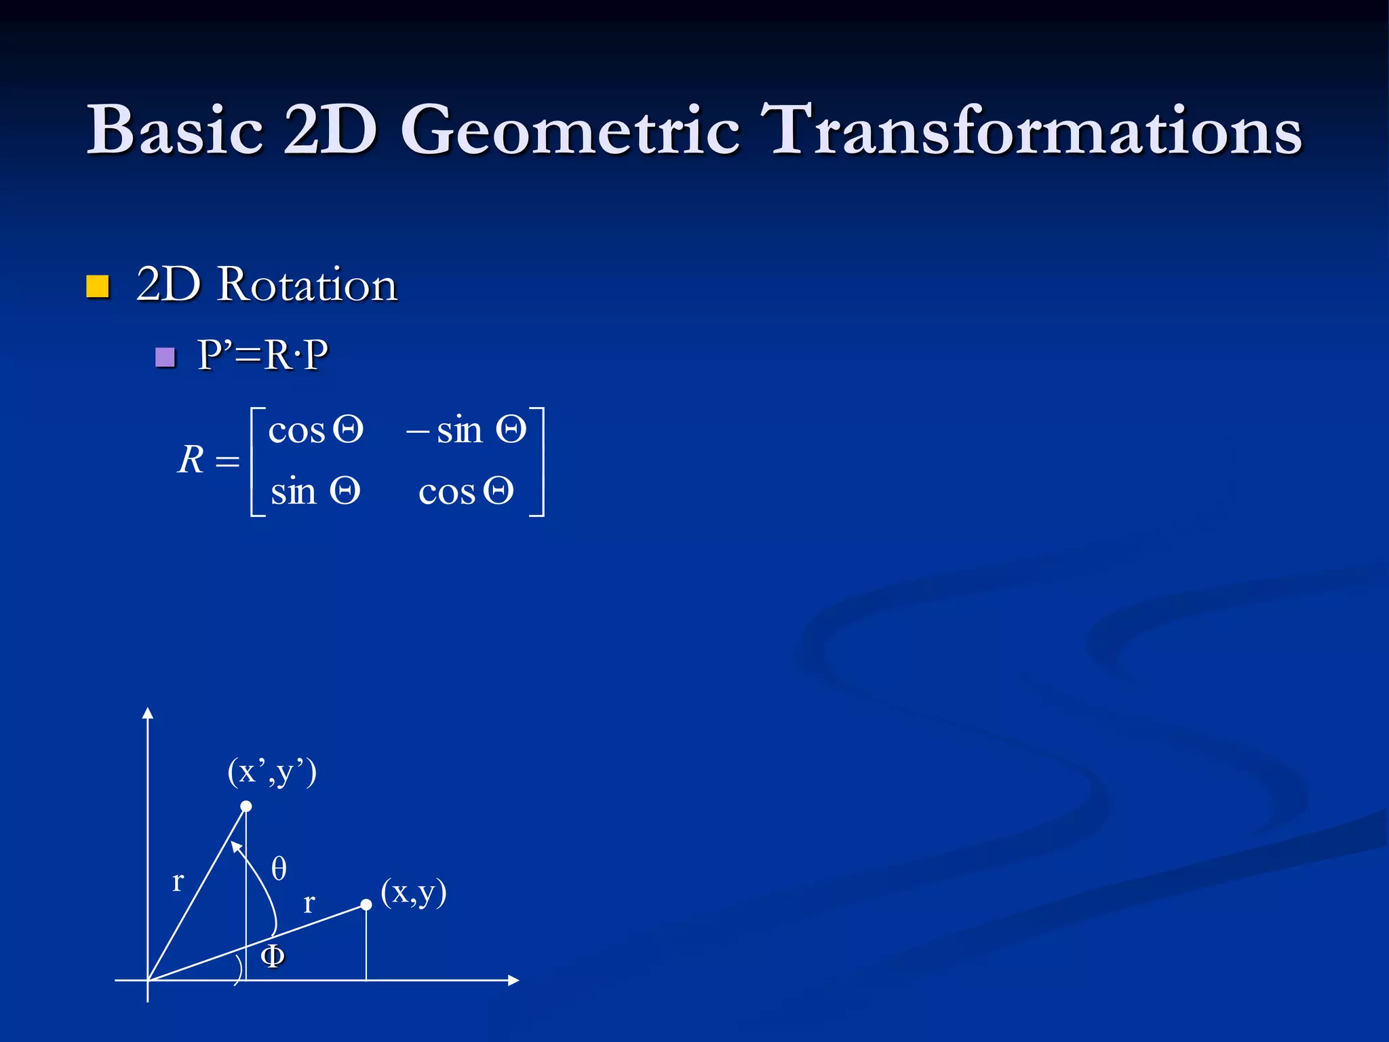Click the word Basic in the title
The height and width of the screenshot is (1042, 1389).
pyautogui.click(x=175, y=130)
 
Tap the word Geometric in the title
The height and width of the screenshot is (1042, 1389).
pyautogui.click(x=570, y=130)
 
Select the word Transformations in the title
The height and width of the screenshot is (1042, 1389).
pyautogui.click(x=1030, y=130)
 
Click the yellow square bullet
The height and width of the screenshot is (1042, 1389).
pyautogui.click(x=98, y=286)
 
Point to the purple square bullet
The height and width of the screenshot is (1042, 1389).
pyautogui.click(x=165, y=357)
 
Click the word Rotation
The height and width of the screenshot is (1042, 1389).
pyautogui.click(x=307, y=285)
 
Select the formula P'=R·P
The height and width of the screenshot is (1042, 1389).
pyautogui.click(x=262, y=355)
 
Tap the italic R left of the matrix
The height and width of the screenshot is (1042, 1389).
pyautogui.click(x=191, y=460)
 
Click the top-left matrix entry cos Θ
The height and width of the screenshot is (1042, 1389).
pyautogui.click(x=315, y=430)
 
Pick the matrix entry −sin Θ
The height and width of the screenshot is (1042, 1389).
pyautogui.click(x=466, y=430)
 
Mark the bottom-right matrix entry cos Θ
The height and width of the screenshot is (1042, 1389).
pyautogui.click(x=466, y=491)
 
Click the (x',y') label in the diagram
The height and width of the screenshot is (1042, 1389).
pyautogui.click(x=272, y=772)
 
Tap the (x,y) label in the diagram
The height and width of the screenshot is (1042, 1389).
pyautogui.click(x=413, y=892)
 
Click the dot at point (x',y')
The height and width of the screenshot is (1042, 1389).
pyautogui.click(x=246, y=806)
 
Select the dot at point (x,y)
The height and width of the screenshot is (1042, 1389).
pyautogui.click(x=366, y=904)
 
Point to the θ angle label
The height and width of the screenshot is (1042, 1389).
pyautogui.click(x=279, y=868)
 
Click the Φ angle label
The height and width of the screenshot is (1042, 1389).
pyautogui.click(x=273, y=956)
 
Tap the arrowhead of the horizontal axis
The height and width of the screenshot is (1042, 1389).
pyautogui.click(x=513, y=980)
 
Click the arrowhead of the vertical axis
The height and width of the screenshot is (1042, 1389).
pyautogui.click(x=148, y=713)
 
